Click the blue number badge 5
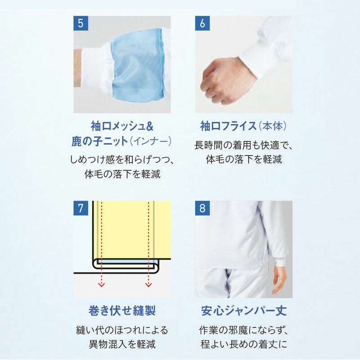pyautogui.click(x=81, y=23)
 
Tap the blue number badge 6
pyautogui.click(x=202, y=23)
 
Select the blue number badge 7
pyautogui.click(x=81, y=208)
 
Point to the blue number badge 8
pyautogui.click(x=202, y=208)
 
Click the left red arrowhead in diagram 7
pyautogui.click(x=102, y=285)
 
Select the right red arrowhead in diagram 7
pyautogui.click(x=148, y=285)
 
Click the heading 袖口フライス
pyautogui.click(x=228, y=126)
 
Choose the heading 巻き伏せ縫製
pyautogui.click(x=122, y=310)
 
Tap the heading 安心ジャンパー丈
pyautogui.click(x=244, y=310)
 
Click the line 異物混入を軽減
pyautogui.click(x=122, y=344)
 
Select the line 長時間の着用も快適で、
pyautogui.click(x=244, y=145)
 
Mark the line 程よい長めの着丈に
pyautogui.click(x=244, y=344)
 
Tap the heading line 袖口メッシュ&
pyautogui.click(x=122, y=126)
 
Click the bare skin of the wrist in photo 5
pyautogui.click(x=77, y=68)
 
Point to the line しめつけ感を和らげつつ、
pyautogui.click(x=122, y=160)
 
